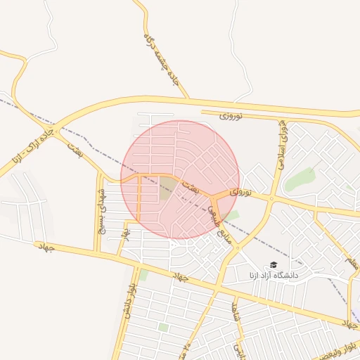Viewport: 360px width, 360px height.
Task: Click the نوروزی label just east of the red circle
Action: click(x=240, y=191)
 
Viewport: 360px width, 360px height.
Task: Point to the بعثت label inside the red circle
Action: click(x=191, y=187)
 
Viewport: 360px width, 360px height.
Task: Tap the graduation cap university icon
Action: click(x=273, y=264)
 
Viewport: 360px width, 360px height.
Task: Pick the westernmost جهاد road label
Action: click(x=47, y=247)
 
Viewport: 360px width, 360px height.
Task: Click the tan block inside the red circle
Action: click(x=167, y=187)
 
